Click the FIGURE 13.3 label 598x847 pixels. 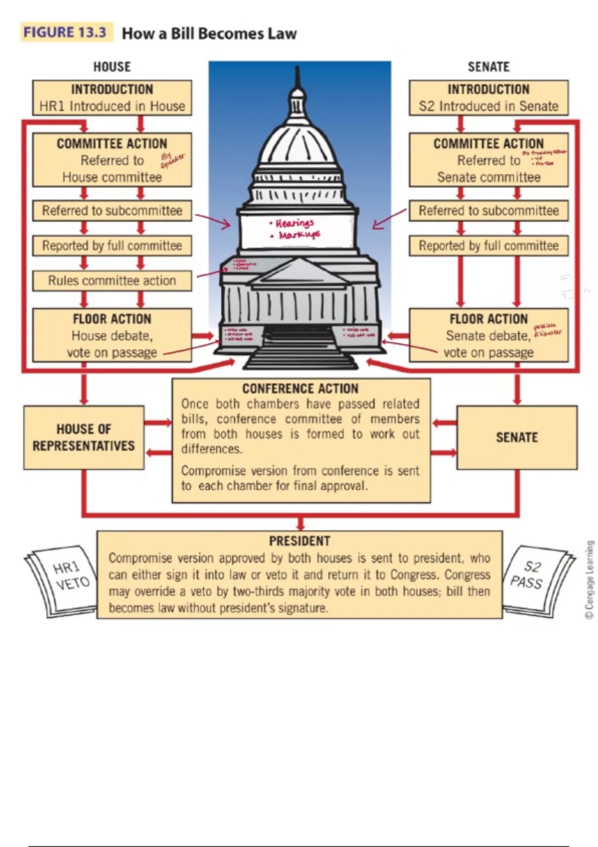coord(65,33)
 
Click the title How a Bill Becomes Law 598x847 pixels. coord(209,34)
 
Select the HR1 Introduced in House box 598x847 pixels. coord(112,98)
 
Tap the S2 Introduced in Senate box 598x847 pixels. coord(488,98)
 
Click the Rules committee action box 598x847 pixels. coord(112,281)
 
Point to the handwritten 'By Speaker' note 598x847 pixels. coord(171,160)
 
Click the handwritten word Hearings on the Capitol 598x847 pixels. coord(294,223)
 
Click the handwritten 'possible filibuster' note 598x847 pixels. coord(547,330)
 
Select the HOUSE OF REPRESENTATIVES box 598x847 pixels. coord(84,437)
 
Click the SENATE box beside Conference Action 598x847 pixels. coord(517,437)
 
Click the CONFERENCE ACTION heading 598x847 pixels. coord(300,389)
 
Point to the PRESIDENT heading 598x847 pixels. coord(299,541)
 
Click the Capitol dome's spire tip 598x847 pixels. coord(298,68)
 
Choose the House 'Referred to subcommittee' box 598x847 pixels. coord(112,211)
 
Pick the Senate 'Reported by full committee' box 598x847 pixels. coord(488,246)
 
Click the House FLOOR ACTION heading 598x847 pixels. coord(112,319)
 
